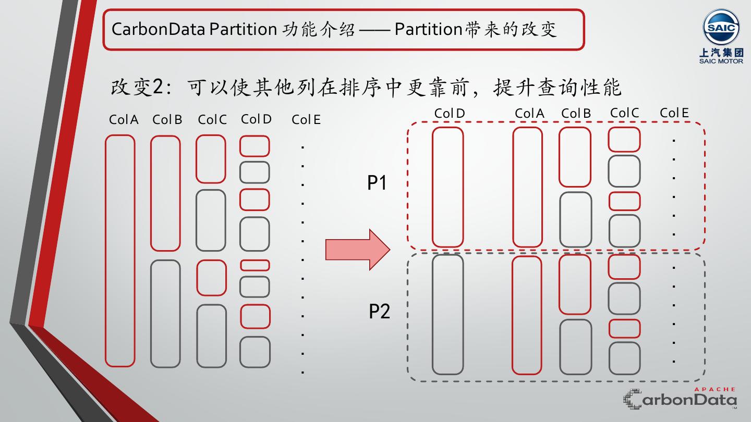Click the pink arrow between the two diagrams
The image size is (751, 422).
point(357,250)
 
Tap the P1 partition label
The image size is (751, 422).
point(377,183)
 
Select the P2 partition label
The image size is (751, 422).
point(379,311)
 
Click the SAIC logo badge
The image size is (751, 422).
point(721,28)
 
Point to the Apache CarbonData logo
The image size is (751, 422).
point(680,399)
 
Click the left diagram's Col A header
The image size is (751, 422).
point(124,120)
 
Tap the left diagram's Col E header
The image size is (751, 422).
point(306,120)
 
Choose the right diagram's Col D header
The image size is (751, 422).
point(449,114)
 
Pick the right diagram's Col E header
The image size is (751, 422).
point(674,113)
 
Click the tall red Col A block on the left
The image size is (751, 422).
point(120,251)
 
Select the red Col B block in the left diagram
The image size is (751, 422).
point(165,193)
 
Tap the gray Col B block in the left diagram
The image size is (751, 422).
point(165,313)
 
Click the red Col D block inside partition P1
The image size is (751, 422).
point(448,187)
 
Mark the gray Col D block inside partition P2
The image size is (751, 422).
point(448,314)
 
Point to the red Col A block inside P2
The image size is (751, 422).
point(527,315)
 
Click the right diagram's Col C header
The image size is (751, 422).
point(624,113)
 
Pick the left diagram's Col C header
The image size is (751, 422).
point(212,120)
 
